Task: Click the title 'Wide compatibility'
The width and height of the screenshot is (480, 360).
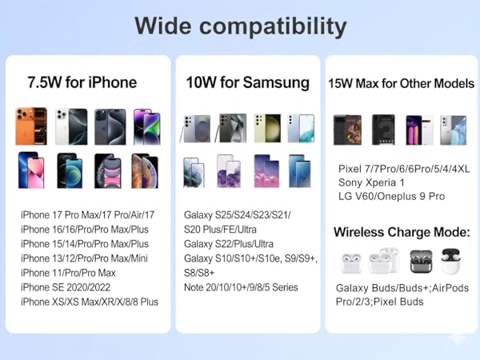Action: click(240, 26)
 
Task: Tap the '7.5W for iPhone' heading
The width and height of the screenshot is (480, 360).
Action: click(82, 82)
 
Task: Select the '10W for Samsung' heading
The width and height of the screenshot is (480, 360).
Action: click(247, 82)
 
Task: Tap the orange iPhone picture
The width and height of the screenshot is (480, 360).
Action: click(30, 126)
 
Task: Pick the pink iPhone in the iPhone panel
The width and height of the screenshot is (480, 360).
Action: click(30, 170)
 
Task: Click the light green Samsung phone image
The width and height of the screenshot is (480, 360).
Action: click(266, 127)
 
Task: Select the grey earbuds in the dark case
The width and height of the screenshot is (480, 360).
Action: click(421, 262)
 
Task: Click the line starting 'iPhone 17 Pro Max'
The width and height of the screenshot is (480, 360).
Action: click(89, 215)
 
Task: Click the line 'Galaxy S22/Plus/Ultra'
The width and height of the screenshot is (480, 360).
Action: click(228, 244)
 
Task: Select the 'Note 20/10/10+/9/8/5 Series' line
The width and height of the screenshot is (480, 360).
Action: click(241, 287)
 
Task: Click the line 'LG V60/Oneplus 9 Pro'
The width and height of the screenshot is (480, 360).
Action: click(391, 196)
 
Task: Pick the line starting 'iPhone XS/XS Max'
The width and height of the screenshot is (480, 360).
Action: click(90, 302)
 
